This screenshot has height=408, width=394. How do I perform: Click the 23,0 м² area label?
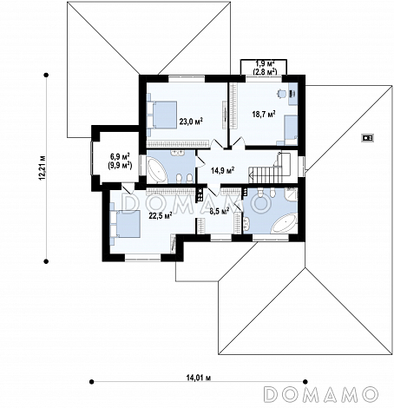click(x=191, y=122)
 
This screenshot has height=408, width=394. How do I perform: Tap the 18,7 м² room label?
click(x=264, y=114)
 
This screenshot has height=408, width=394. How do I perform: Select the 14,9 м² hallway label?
click(x=222, y=170)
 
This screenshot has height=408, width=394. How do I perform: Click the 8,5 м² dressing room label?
click(x=220, y=211)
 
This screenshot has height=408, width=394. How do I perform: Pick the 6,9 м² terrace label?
click(x=120, y=156)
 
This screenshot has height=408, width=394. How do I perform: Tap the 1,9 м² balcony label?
click(x=265, y=63)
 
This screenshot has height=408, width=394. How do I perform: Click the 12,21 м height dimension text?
click(x=43, y=168)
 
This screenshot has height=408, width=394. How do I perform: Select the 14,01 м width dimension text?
click(x=199, y=378)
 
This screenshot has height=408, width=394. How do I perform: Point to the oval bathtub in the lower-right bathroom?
click(x=285, y=223)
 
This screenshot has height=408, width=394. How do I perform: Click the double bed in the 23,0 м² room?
click(x=161, y=115)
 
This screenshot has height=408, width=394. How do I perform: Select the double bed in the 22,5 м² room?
click(x=125, y=224)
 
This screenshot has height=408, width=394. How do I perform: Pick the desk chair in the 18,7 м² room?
click(x=281, y=93)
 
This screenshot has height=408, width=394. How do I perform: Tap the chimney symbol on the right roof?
click(x=368, y=137)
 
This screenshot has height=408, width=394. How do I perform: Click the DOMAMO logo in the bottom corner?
click(x=321, y=394)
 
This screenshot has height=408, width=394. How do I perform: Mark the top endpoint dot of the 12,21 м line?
click(x=46, y=76)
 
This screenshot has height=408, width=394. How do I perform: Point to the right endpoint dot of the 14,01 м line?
click(x=305, y=382)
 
